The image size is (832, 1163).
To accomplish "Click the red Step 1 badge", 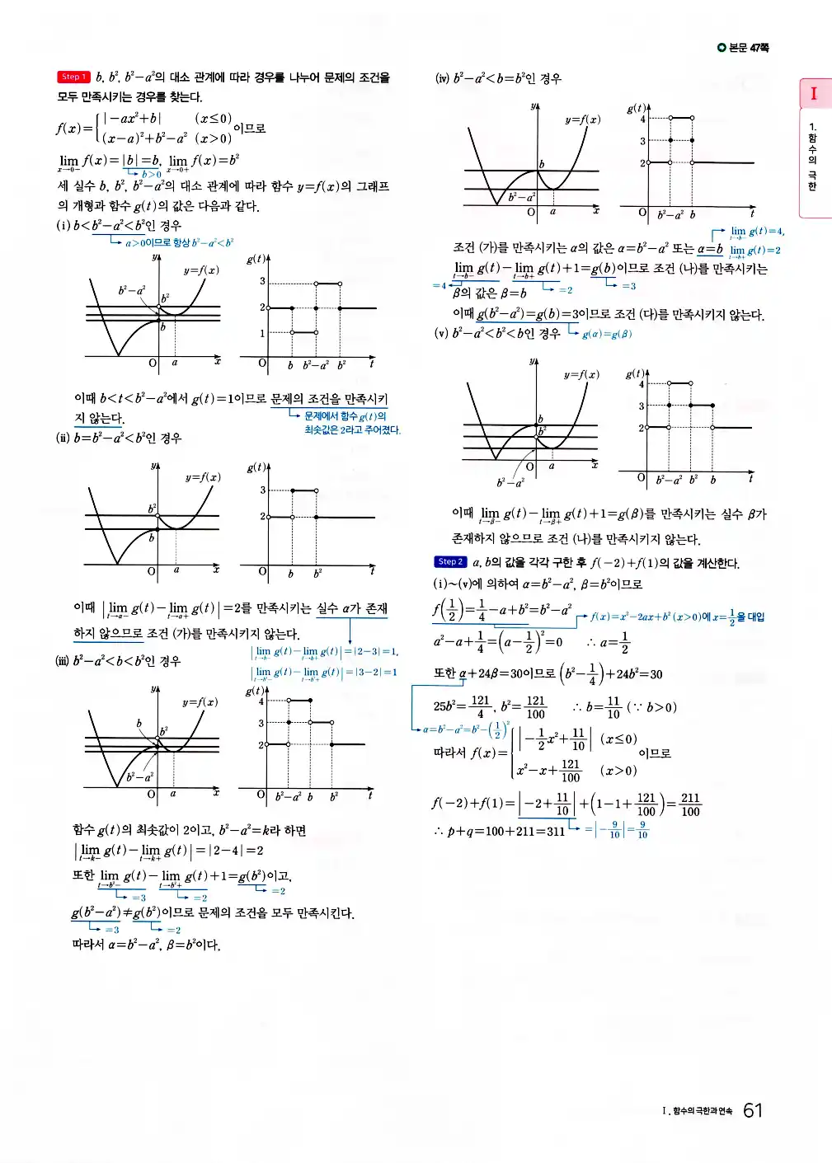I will tap(73, 77).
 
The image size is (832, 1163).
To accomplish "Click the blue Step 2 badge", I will tap(450, 562).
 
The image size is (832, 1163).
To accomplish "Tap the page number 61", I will tap(752, 1110).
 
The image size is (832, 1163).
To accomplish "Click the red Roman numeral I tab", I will tap(814, 94).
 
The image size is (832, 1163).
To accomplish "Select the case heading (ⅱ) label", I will tap(63, 438).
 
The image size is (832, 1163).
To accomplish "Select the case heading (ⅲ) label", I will tap(63, 661).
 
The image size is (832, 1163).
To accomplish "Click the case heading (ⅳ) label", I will tap(442, 79).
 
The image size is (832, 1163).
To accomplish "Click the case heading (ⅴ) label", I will tap(441, 334).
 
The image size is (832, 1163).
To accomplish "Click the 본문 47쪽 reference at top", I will tap(745, 48).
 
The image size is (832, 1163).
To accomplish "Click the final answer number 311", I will tap(554, 831).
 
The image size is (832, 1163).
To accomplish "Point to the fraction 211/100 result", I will tap(689, 804).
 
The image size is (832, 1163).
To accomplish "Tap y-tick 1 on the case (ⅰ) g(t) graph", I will tap(262, 333).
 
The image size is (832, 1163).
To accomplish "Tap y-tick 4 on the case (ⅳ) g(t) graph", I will tap(643, 119).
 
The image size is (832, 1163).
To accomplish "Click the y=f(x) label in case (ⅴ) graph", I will tap(581, 374).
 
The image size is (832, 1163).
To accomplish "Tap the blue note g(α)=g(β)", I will tap(607, 335).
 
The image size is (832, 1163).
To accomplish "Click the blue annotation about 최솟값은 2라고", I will tap(352, 429).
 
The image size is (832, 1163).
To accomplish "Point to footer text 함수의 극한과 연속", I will tap(702, 1111).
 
